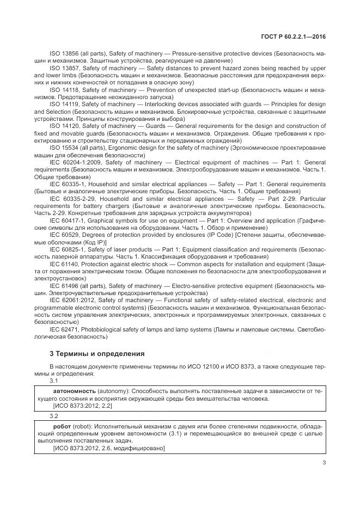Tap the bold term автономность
click(75, 391)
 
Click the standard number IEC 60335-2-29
click(73, 199)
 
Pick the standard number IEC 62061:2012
click(73, 300)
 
